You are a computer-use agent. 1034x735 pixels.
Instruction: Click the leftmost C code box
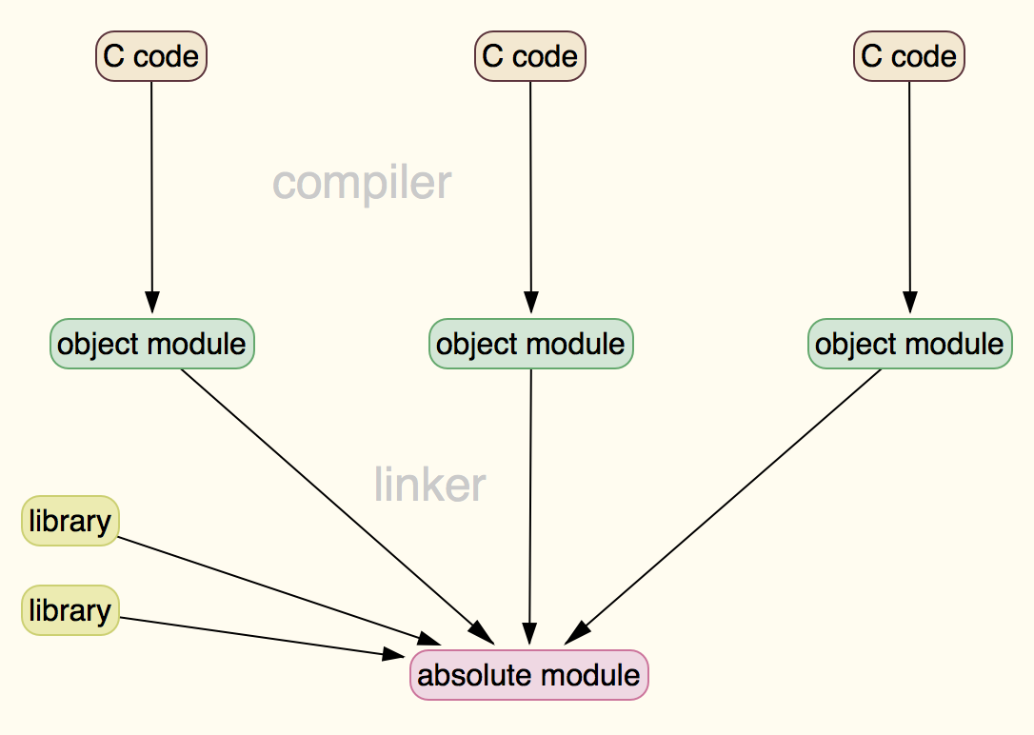[x=151, y=56]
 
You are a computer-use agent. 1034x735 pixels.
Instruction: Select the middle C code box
[x=530, y=56]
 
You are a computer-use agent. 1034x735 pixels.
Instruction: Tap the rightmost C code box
[x=909, y=56]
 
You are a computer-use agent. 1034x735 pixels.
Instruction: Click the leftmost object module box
[x=152, y=344]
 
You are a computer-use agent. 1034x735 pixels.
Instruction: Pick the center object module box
[x=531, y=344]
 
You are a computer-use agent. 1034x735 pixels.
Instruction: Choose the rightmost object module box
[x=910, y=344]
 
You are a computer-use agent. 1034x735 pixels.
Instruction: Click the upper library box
[x=70, y=521]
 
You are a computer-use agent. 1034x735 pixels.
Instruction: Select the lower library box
[x=70, y=610]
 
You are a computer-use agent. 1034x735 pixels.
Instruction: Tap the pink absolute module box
[x=529, y=675]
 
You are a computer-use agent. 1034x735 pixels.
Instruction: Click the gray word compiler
[x=362, y=183]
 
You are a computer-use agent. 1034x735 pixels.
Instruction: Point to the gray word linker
[x=430, y=485]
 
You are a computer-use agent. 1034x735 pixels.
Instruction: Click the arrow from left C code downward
[x=151, y=190]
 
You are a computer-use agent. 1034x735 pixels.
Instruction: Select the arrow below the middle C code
[x=530, y=190]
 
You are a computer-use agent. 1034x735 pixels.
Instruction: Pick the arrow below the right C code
[x=909, y=190]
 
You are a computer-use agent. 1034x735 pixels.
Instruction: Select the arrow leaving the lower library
[x=257, y=636]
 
